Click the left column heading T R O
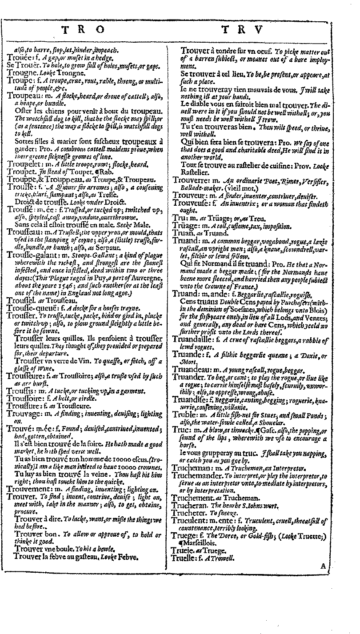click(x=83, y=31)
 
